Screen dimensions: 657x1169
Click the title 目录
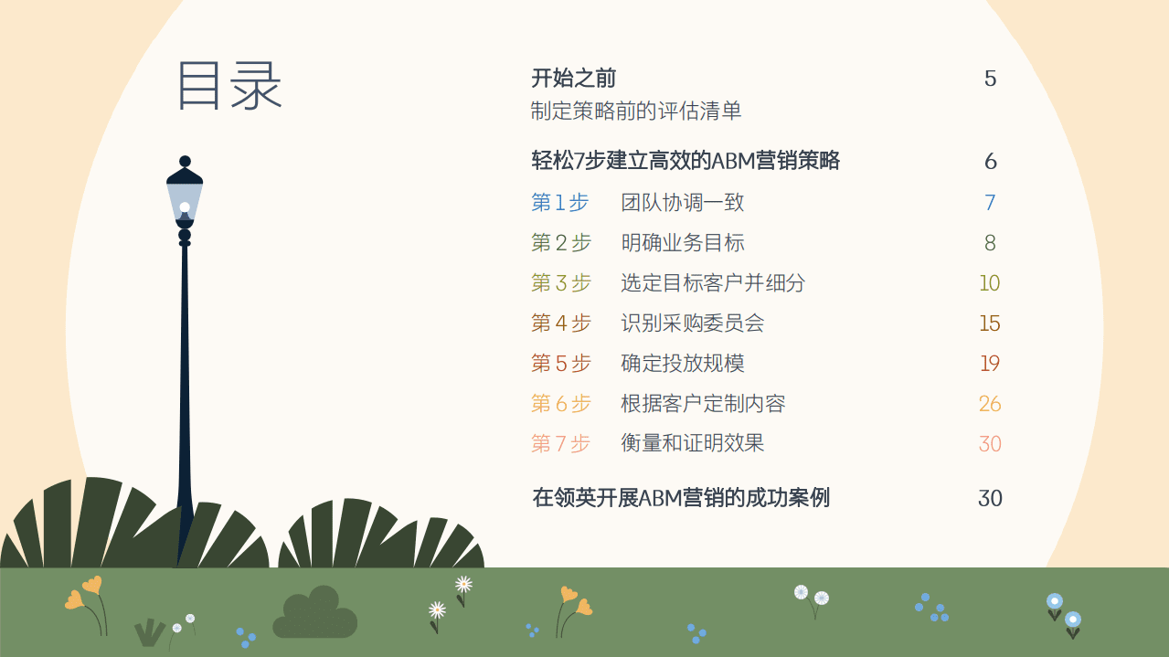[229, 86]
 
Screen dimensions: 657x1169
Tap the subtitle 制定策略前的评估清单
[636, 111]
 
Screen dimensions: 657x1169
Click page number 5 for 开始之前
[990, 79]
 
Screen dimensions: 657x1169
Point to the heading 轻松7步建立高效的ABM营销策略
[685, 162]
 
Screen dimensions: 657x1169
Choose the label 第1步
[559, 203]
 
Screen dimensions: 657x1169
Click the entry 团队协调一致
[682, 203]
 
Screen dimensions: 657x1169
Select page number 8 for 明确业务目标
[990, 243]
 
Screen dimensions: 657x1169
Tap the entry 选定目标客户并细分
[713, 283]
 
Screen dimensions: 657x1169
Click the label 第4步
[560, 323]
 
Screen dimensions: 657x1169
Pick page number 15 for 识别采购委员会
[990, 323]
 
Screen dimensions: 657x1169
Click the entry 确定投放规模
[682, 364]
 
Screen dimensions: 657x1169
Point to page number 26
[990, 404]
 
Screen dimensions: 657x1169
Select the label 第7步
[560, 444]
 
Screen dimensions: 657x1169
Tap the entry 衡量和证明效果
[692, 444]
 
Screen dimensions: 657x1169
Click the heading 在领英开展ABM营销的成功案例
[681, 498]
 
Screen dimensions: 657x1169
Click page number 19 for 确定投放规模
[990, 364]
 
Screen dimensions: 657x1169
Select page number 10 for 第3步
[990, 283]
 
